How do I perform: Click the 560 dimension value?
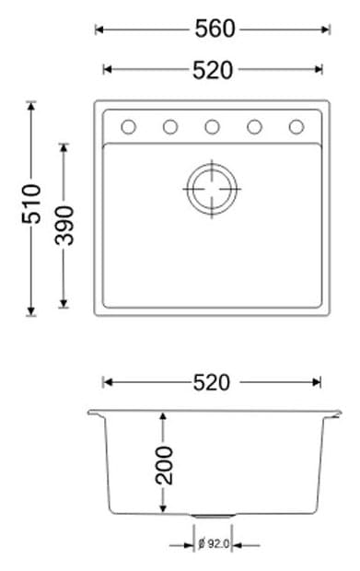click(214, 29)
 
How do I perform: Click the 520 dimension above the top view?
click(214, 69)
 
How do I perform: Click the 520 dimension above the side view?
click(212, 381)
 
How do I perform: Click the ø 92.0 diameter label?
click(215, 544)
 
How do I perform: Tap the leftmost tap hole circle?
click(129, 126)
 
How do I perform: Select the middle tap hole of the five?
click(212, 126)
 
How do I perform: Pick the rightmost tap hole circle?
click(296, 126)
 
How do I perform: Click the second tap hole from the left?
click(170, 126)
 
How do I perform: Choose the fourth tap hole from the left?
click(254, 126)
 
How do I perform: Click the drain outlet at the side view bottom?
click(212, 516)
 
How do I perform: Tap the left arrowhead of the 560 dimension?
click(99, 29)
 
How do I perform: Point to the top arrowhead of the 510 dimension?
click(30, 104)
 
